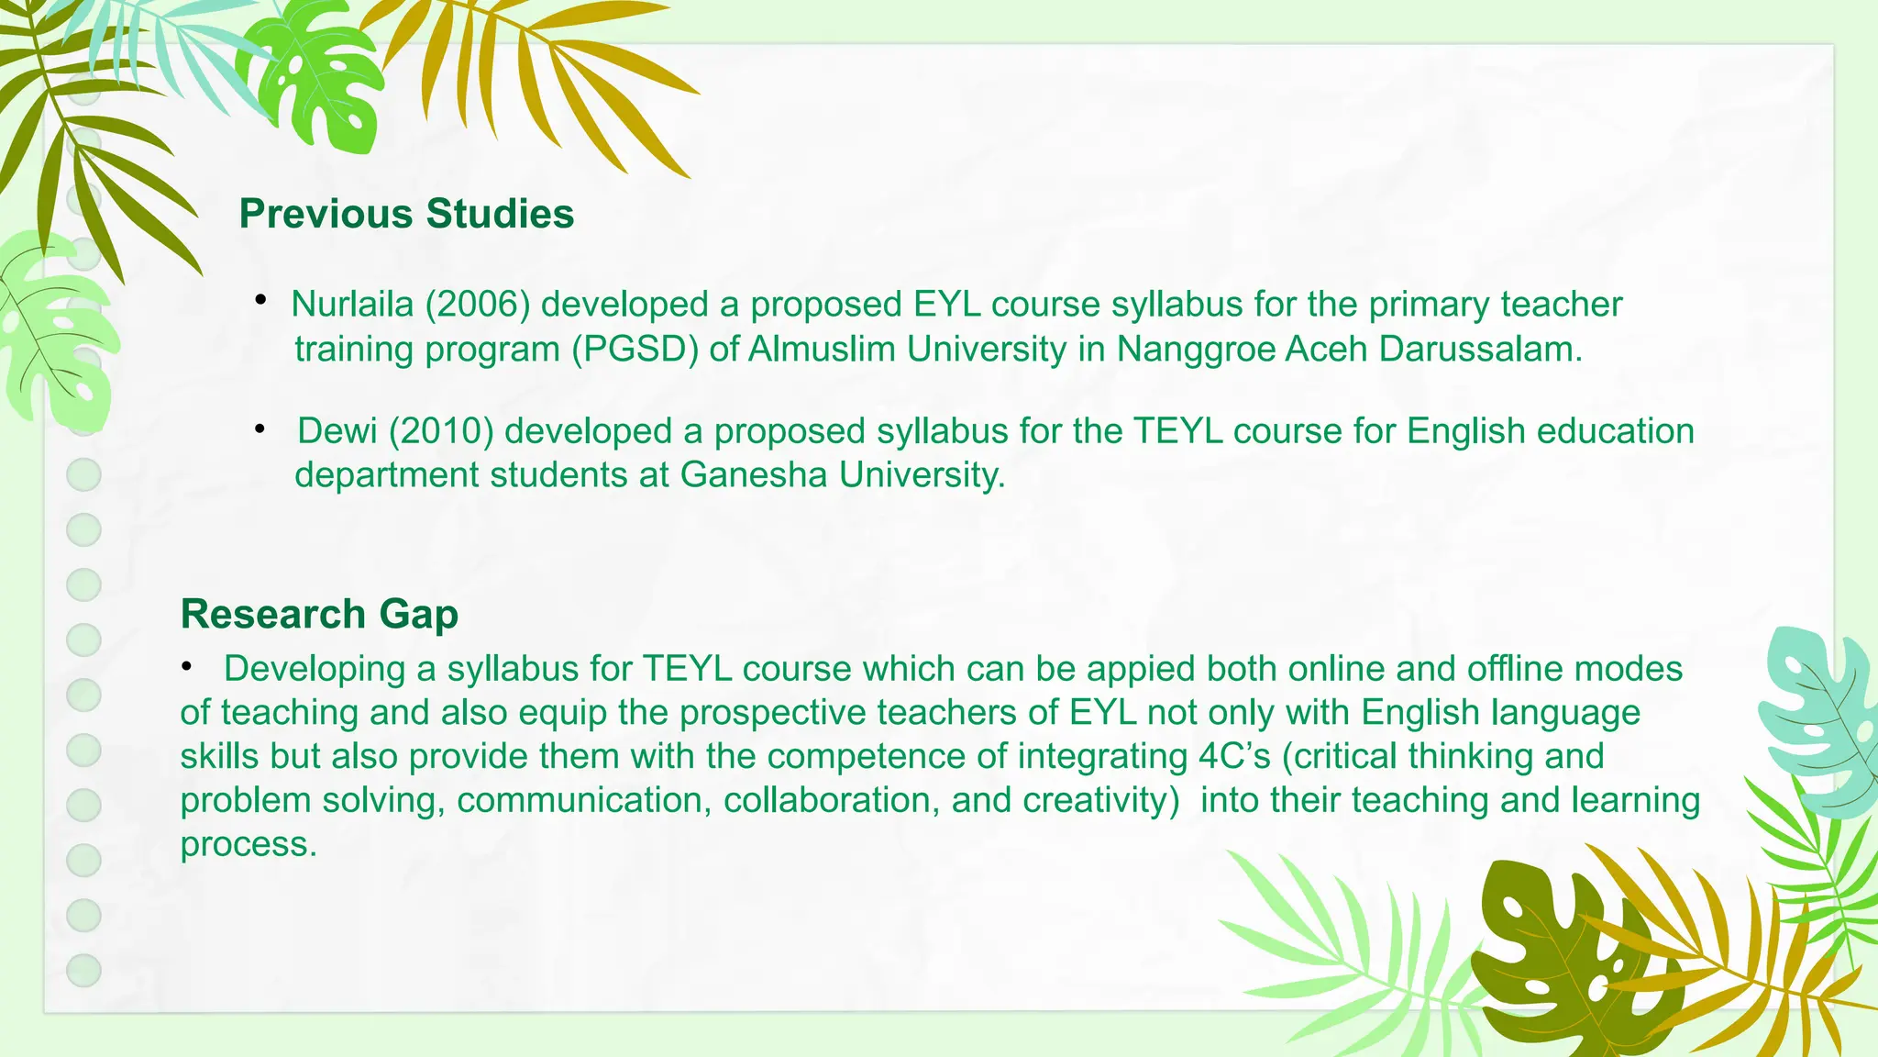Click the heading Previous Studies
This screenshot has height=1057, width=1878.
point(406,214)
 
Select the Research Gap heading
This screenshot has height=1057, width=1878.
point(319,614)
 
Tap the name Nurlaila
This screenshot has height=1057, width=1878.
point(352,305)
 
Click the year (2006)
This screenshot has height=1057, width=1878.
point(478,305)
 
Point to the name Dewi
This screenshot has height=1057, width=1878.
point(337,431)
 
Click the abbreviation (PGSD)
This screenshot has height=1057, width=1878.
point(635,350)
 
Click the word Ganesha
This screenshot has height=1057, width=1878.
point(754,475)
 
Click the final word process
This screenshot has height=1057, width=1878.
point(248,844)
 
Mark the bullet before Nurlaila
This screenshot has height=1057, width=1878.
point(261,300)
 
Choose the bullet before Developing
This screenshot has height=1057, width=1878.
point(187,667)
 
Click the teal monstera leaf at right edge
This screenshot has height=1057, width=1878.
point(1820,716)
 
